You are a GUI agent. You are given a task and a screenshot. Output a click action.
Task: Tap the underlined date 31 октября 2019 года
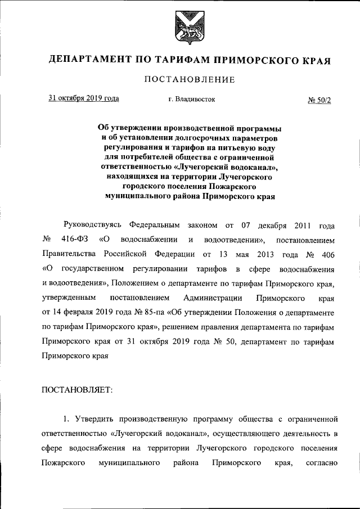tap(84, 98)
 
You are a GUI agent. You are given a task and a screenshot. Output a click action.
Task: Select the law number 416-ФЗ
tap(74, 240)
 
